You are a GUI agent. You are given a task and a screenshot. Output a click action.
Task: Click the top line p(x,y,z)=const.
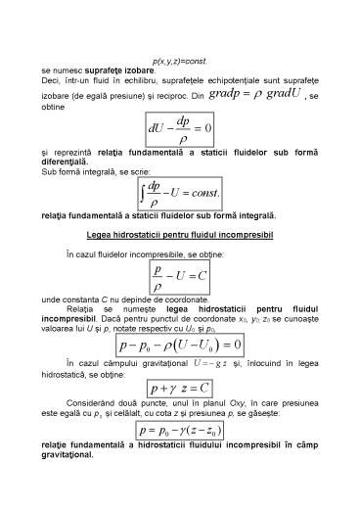tap(179, 61)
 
